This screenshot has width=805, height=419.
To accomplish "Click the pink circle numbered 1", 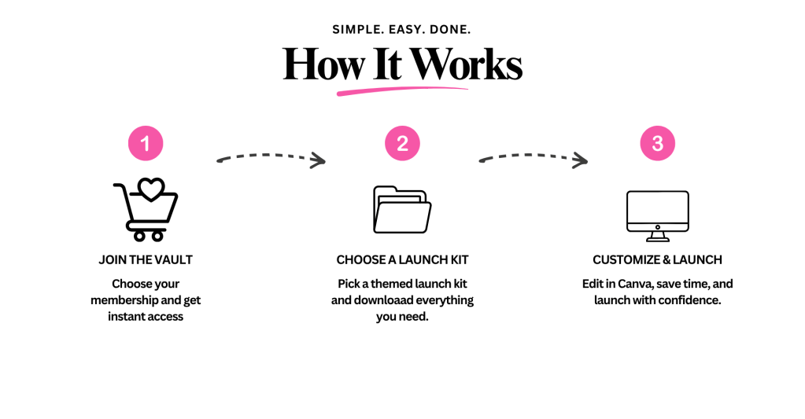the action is point(146,143).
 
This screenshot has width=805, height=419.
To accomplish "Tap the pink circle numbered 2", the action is point(403,143).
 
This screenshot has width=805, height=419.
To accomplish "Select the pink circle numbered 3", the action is point(658,143).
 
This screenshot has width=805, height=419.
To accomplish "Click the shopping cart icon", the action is point(146,210).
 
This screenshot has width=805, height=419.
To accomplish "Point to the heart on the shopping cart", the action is point(151,189).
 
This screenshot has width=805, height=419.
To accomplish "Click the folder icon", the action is point(402,210).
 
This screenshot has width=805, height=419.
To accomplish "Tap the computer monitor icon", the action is point(658,216).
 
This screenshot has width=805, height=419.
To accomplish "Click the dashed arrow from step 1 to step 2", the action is point(271,156).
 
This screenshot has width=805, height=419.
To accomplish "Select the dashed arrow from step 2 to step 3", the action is point(534,156).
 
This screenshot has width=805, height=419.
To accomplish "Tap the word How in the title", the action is point(323,64).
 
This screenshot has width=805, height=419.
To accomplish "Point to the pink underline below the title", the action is point(402,90).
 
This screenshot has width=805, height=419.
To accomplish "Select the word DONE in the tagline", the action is point(450,30).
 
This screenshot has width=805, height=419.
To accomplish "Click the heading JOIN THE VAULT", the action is point(146,260).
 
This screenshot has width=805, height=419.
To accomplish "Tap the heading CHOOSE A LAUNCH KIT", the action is point(403,260).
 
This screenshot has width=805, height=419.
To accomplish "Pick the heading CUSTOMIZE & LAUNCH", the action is point(658,260).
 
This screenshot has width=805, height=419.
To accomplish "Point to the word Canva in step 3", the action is point(634,284).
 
